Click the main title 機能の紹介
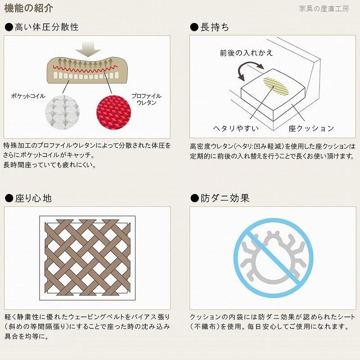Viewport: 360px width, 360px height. click(29, 9)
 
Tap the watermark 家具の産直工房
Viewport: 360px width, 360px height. click(324, 9)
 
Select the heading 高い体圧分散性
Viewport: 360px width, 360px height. click(47, 27)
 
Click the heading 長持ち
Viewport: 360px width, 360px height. click(215, 27)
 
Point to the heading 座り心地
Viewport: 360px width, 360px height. click(33, 198)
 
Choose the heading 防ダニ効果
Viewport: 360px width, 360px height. click(225, 198)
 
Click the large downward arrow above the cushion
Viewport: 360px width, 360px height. click(88, 49)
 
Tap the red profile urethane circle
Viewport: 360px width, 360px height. click(114, 112)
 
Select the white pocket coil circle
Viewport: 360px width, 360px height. click(63, 112)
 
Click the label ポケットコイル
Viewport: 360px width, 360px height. click(28, 96)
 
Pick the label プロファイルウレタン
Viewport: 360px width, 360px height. click(147, 99)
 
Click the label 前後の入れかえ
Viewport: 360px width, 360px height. click(246, 53)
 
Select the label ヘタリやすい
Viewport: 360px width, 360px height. click(236, 128)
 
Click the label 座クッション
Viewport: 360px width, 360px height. click(311, 128)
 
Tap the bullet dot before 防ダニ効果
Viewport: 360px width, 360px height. click(194, 198)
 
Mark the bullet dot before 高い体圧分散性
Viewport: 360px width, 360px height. click(9, 27)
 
